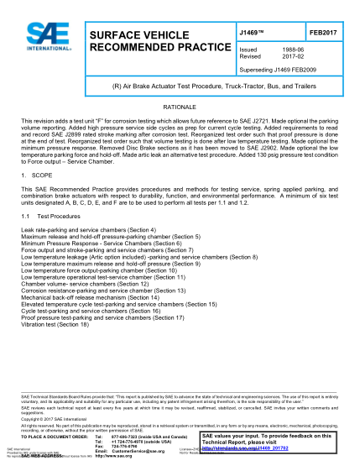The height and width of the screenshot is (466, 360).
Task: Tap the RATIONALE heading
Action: click(180, 111)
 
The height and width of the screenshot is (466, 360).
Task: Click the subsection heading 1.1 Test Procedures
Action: click(59, 215)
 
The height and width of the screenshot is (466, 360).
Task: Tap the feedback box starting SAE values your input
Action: click(268, 442)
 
